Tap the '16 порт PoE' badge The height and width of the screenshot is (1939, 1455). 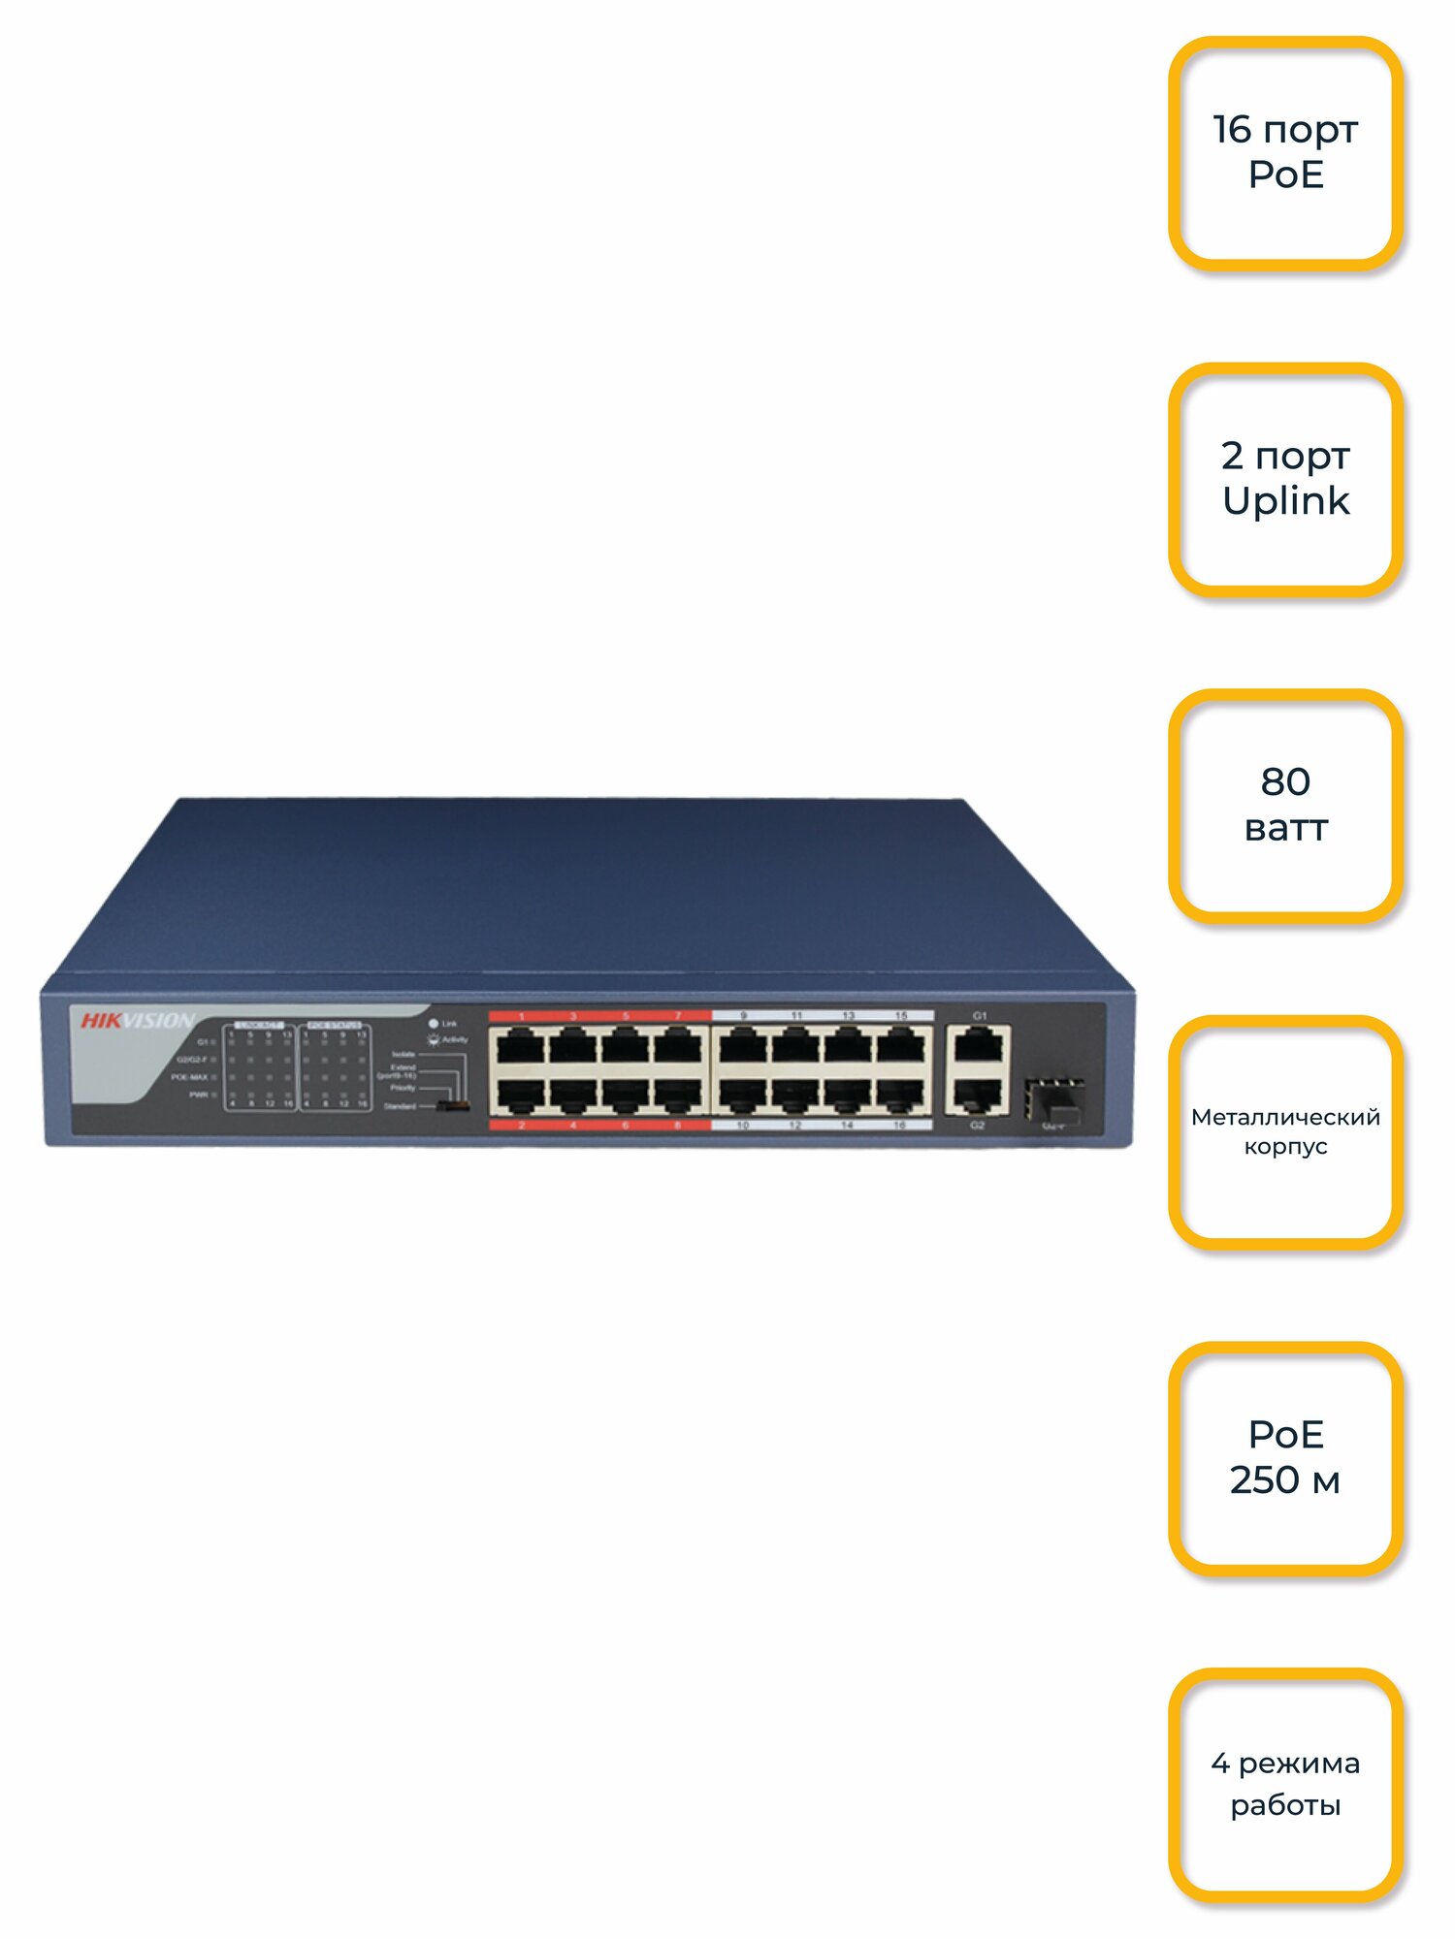pyautogui.click(x=1285, y=152)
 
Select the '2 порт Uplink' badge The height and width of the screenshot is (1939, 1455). pyautogui.click(x=1285, y=479)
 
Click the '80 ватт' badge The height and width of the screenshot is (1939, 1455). pyautogui.click(x=1285, y=805)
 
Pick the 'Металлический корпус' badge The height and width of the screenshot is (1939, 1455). pyautogui.click(x=1285, y=1131)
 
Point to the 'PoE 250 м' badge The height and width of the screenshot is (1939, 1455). pyautogui.click(x=1285, y=1457)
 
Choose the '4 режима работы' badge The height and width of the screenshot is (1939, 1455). pyautogui.click(x=1285, y=1784)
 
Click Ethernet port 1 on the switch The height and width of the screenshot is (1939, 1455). pyautogui.click(x=521, y=1047)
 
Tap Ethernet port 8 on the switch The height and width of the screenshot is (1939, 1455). pyautogui.click(x=678, y=1095)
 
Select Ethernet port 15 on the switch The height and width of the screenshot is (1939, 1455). pyautogui.click(x=901, y=1047)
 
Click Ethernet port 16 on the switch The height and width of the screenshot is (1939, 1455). pyautogui.click(x=900, y=1095)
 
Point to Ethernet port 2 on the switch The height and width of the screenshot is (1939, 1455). pyautogui.click(x=521, y=1095)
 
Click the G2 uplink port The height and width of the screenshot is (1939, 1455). pyautogui.click(x=978, y=1095)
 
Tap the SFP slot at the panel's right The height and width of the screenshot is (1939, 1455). pyautogui.click(x=1053, y=1099)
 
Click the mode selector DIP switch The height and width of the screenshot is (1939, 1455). pyautogui.click(x=453, y=1105)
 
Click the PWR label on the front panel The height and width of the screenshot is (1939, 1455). pyautogui.click(x=199, y=1095)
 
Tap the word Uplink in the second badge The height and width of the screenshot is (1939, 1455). pyautogui.click(x=1285, y=501)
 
